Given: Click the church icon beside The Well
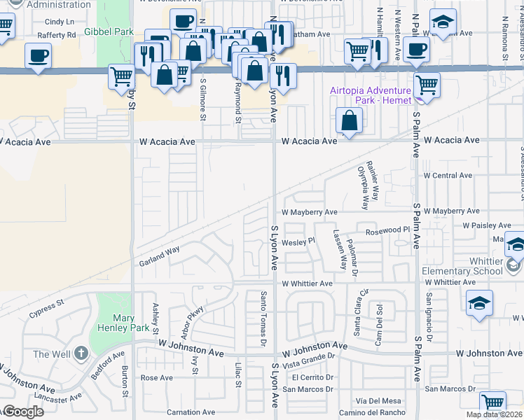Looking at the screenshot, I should coord(81,353).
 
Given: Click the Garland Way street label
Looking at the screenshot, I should coord(159,260).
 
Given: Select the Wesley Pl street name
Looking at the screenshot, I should coord(299,242).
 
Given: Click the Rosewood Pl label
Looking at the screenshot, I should coord(382,230).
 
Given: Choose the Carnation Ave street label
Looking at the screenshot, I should coord(191,412).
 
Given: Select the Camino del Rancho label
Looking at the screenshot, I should coord(381,412).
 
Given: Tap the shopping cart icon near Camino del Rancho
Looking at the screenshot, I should coord(492,403).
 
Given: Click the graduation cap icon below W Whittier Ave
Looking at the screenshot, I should coord(480,303).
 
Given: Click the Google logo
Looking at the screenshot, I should coord(22,412).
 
